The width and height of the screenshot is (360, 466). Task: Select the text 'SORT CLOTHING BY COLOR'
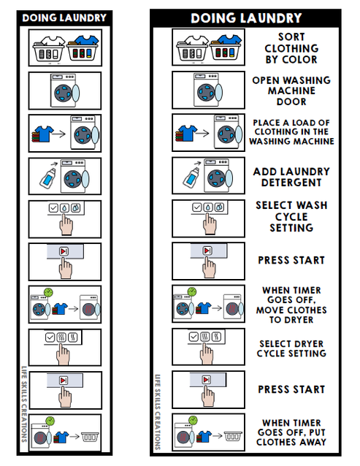click(x=291, y=47)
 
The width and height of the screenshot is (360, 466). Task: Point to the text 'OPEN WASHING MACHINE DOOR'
click(x=291, y=91)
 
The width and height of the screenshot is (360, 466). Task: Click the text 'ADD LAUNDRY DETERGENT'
click(x=291, y=176)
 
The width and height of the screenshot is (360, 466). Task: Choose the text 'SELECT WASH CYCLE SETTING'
click(x=291, y=217)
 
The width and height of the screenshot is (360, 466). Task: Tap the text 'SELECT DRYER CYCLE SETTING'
click(x=291, y=348)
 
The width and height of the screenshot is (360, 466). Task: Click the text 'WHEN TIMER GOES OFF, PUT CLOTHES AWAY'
click(x=291, y=432)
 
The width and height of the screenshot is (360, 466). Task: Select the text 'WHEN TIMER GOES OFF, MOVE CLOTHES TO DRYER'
click(x=291, y=305)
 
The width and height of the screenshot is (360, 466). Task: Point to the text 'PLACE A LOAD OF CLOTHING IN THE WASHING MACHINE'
click(x=291, y=131)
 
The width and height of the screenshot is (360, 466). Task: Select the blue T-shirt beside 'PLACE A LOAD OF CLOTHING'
click(x=187, y=133)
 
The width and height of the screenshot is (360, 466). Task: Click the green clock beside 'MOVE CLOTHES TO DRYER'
click(x=192, y=291)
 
